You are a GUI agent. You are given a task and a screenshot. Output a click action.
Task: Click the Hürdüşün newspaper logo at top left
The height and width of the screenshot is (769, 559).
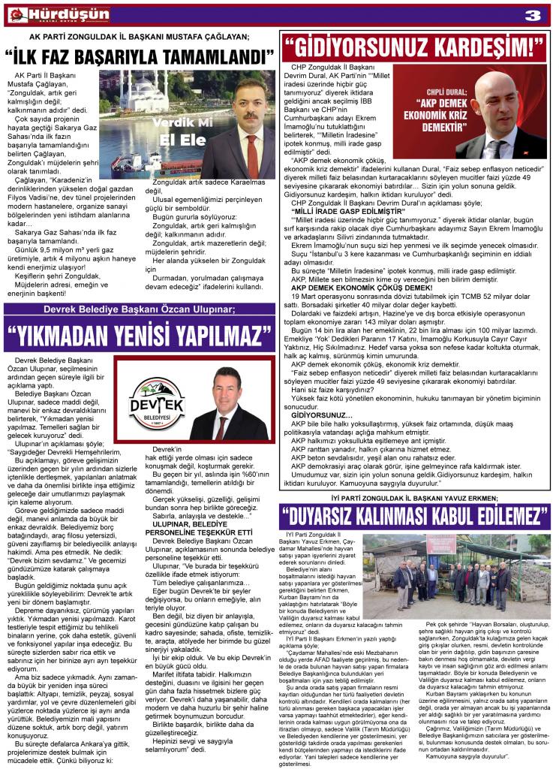[56, 14]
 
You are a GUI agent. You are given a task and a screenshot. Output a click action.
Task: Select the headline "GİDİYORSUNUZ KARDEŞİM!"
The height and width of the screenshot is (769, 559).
[413, 47]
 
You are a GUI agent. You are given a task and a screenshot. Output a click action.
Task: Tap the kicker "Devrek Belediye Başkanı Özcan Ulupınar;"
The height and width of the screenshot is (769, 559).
[140, 309]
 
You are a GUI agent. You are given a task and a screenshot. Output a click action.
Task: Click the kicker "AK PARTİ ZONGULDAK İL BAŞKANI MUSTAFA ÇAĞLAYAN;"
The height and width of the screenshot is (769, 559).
[140, 36]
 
